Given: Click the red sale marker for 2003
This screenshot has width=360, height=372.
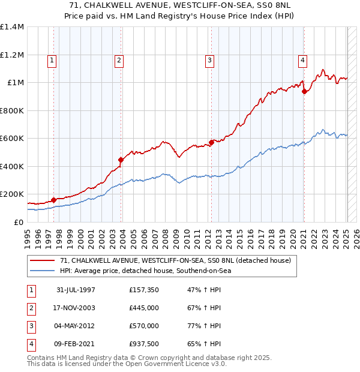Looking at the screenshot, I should click(121, 160).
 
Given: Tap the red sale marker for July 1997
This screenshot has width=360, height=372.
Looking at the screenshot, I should click(53, 200).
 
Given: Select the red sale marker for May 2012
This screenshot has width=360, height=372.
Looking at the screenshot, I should click(211, 143).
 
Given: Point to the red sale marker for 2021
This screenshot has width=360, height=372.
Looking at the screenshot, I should click(304, 92).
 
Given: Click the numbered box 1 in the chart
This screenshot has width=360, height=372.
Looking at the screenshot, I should click(52, 60).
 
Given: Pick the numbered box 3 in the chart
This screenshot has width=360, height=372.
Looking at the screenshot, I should click(209, 60).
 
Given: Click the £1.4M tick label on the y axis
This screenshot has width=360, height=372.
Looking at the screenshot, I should click(12, 27).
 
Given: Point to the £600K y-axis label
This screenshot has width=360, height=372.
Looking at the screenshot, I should click(12, 139).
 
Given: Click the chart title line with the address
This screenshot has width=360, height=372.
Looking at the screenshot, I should click(179, 5).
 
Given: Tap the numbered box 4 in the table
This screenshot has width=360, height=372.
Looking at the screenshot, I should click(31, 344).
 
